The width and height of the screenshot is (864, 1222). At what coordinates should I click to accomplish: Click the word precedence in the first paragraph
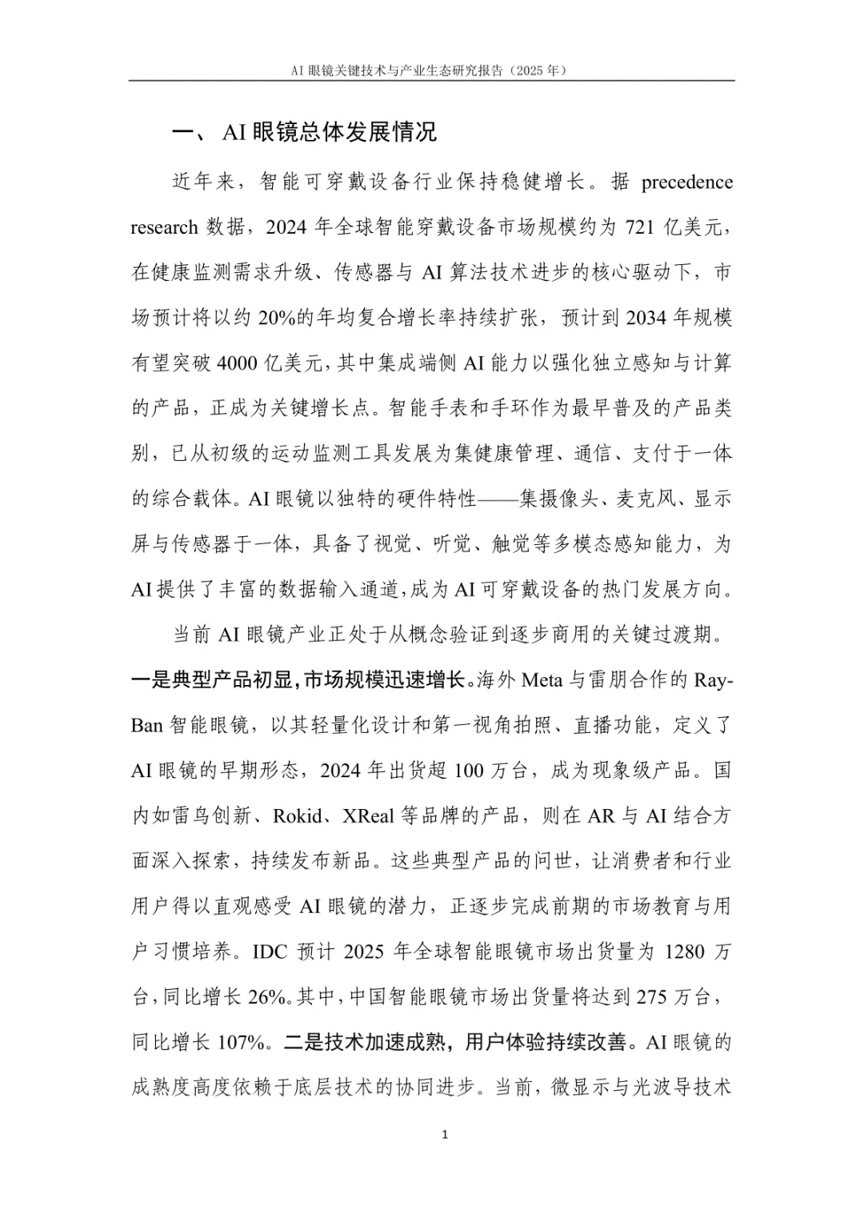pyautogui.click(x=687, y=182)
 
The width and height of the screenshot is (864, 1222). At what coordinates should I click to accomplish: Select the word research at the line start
pyautogui.click(x=164, y=228)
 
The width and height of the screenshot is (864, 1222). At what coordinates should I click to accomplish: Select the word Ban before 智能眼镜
pyautogui.click(x=147, y=726)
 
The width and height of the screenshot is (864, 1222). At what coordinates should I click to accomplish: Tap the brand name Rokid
pyautogui.click(x=298, y=816)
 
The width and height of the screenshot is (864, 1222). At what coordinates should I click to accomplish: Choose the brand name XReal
pyautogui.click(x=369, y=816)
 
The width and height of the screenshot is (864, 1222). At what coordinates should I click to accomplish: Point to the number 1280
pyautogui.click(x=685, y=952)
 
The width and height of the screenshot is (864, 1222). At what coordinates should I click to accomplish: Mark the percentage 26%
pyautogui.click(x=267, y=998)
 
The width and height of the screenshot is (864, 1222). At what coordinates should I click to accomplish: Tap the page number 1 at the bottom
pyautogui.click(x=445, y=1134)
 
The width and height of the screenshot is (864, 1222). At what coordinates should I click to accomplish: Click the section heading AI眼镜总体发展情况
pyautogui.click(x=329, y=132)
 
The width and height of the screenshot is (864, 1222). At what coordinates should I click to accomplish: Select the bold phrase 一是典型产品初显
pyautogui.click(x=211, y=681)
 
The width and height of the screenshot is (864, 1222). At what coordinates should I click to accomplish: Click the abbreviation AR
pyautogui.click(x=600, y=816)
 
